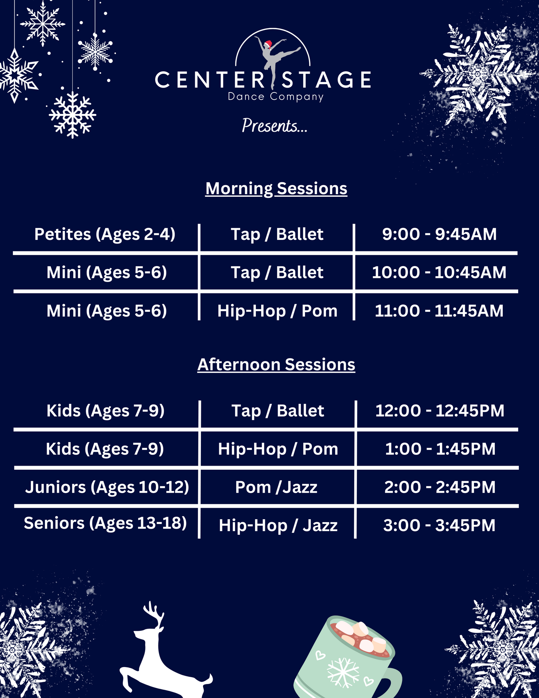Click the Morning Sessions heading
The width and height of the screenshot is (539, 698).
[x=276, y=188]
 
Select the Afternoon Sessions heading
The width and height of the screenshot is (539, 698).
[x=276, y=365]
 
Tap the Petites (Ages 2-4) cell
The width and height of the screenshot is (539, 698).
[x=105, y=234]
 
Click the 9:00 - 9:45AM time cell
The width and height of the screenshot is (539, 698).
[x=439, y=234]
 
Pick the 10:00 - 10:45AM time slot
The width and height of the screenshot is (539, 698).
[x=439, y=273]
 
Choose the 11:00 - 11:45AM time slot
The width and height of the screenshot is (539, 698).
[x=439, y=311]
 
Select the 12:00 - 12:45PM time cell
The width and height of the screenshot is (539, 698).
[x=440, y=411]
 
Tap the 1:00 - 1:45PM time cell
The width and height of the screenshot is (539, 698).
[x=440, y=449]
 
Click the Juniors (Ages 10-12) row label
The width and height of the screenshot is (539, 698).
[x=107, y=488]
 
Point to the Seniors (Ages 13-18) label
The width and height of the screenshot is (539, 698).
[x=105, y=523]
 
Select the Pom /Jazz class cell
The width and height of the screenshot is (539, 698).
[x=276, y=488]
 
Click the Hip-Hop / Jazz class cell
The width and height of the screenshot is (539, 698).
[x=278, y=526]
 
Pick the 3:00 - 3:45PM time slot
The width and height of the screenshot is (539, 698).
[x=439, y=526]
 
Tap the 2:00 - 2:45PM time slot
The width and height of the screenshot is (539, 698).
[x=440, y=488]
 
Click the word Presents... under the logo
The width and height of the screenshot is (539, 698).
[x=275, y=126]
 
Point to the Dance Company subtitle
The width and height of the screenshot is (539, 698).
[x=276, y=97]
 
